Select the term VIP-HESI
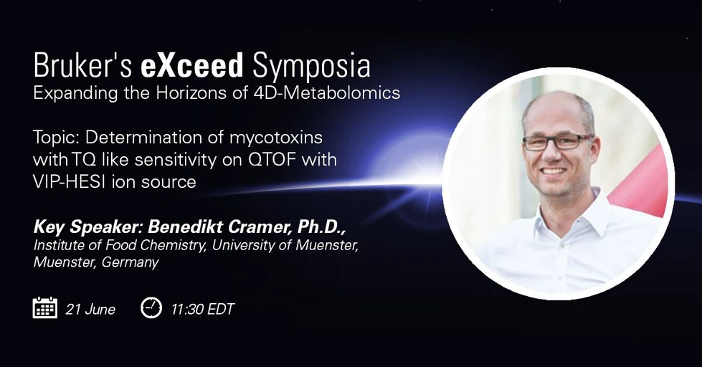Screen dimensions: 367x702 (70, 181)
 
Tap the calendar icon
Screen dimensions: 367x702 (45, 308)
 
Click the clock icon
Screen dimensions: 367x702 (151, 308)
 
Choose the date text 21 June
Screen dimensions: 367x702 (90, 309)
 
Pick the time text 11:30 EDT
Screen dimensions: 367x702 (202, 309)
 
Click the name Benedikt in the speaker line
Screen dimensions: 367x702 (180, 228)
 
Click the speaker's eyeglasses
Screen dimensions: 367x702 (556, 142)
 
